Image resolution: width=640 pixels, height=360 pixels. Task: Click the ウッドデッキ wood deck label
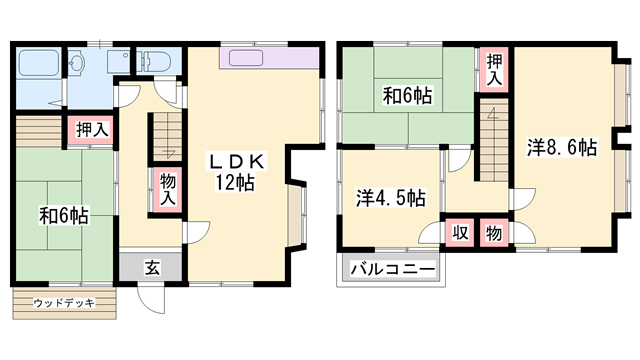click(64, 302)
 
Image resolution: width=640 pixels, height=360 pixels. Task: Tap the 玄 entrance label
click(151, 267)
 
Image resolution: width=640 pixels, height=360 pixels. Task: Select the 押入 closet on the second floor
click(494, 67)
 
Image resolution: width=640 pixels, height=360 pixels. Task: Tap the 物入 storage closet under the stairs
click(166, 190)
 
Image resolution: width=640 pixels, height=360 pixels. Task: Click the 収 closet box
click(461, 232)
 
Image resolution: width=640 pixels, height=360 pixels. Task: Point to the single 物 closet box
click(494, 232)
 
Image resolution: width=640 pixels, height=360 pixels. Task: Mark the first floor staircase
click(165, 135)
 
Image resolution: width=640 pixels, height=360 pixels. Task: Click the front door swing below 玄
click(147, 296)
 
